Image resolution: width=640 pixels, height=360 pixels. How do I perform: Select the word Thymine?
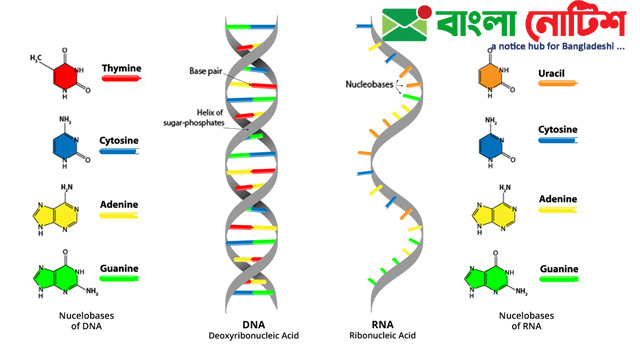tap(121, 68)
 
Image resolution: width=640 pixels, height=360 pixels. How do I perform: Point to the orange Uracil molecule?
tap(489, 77)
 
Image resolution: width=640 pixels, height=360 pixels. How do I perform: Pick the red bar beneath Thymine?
tap(120, 79)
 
